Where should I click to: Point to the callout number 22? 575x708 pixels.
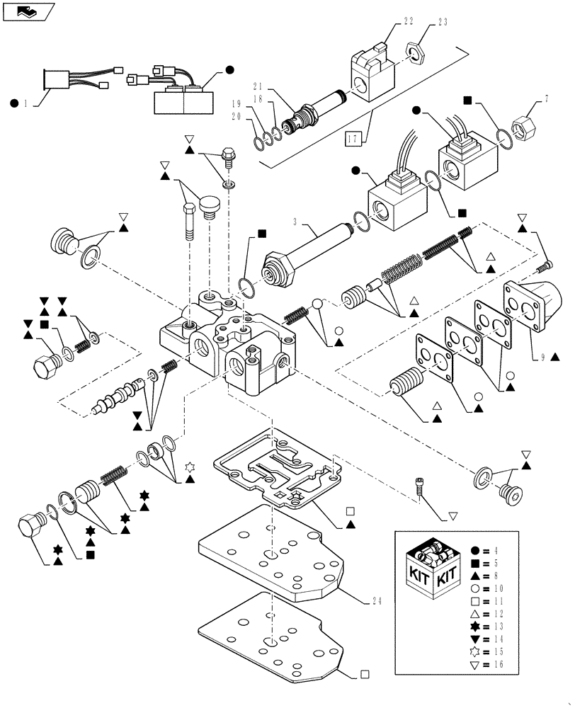tap(389, 23)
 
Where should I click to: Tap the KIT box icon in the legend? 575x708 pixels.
tap(431, 573)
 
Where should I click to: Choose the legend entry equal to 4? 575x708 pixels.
tap(489, 549)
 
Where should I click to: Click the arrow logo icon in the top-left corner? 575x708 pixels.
tap(28, 12)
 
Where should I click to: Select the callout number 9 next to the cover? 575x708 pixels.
tap(542, 358)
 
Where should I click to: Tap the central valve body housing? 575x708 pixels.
tap(227, 347)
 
